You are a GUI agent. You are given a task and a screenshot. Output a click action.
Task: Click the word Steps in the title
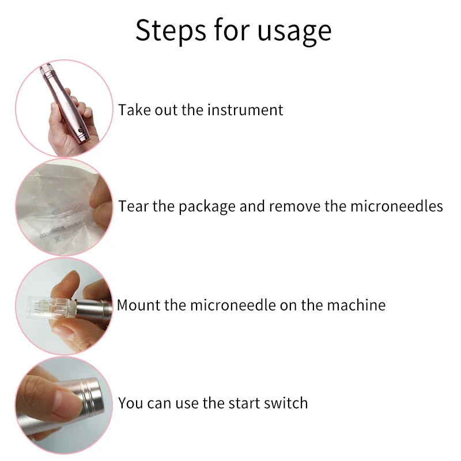point(171,31)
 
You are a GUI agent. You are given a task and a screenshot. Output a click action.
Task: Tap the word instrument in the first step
point(245,110)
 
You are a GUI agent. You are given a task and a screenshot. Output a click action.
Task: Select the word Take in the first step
point(135,110)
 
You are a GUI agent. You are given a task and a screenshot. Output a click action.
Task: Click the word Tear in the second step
point(134,206)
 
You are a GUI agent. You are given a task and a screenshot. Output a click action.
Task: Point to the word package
point(207,207)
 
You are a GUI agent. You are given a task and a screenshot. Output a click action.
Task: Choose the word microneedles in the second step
point(396,206)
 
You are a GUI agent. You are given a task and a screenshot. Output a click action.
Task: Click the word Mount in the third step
point(139,305)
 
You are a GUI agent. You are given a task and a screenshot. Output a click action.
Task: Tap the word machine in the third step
point(356,305)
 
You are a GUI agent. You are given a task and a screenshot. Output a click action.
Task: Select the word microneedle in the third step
point(233,305)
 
